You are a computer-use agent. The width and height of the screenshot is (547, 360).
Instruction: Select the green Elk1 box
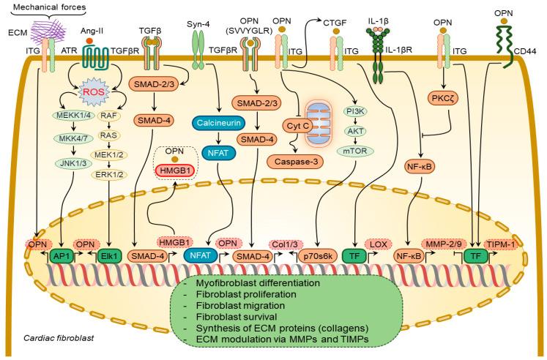click(109, 257)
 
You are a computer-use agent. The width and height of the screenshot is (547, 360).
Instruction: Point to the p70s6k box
click(319, 257)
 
